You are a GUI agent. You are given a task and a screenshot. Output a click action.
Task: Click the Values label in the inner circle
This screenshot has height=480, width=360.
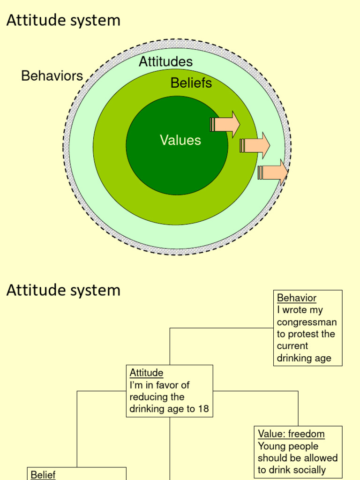180,140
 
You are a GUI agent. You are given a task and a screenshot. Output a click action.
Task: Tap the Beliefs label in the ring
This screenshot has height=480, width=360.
191,83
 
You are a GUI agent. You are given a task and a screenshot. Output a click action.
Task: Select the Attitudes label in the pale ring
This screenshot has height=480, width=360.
165,61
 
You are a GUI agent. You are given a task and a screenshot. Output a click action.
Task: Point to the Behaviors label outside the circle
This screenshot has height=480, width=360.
52,76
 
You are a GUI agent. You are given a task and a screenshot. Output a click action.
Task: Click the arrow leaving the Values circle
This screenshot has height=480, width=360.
225,125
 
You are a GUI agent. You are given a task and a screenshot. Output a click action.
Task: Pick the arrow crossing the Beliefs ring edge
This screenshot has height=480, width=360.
255,146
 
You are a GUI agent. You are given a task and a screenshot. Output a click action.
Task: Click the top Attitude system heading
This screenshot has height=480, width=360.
63,20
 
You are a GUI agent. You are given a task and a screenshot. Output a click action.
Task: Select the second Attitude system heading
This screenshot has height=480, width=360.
63,290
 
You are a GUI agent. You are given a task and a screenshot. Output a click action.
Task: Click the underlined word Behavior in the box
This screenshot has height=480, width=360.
297,298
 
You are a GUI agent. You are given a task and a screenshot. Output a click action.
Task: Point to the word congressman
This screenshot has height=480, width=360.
307,322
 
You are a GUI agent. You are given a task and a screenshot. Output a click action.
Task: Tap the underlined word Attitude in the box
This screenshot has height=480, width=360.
146,373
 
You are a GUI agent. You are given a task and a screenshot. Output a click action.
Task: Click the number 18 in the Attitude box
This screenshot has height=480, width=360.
203,409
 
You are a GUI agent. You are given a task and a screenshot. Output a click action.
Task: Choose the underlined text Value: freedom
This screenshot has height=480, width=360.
291,434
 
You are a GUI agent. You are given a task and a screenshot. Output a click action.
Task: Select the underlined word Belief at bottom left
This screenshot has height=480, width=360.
43,475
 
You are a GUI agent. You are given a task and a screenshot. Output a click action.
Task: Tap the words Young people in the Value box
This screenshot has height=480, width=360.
288,446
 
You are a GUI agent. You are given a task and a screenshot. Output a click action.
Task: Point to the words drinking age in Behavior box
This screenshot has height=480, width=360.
304,358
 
